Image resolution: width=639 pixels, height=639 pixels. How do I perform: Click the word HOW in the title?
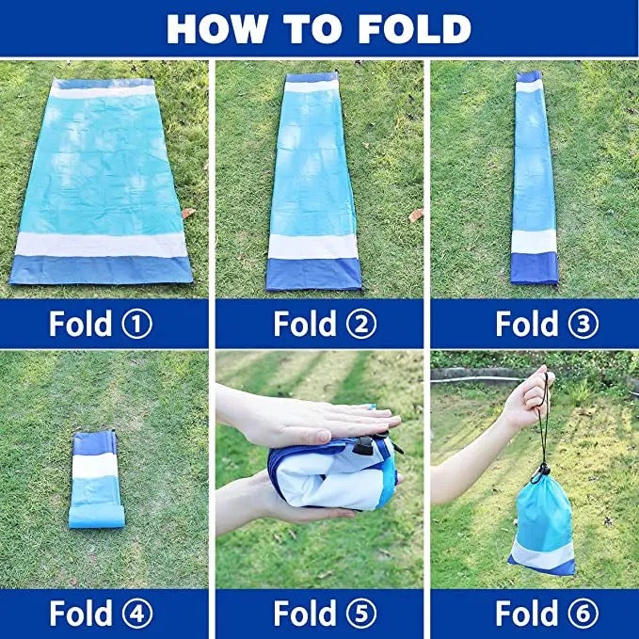(x=217, y=28)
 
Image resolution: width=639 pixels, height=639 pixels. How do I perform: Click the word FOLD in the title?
(x=414, y=28)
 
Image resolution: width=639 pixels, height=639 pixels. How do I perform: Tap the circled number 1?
(x=137, y=324)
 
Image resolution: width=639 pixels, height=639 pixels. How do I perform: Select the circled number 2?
(x=361, y=324)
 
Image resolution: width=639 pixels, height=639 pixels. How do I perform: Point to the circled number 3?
(x=583, y=324)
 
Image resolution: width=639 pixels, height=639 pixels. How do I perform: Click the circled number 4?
(x=137, y=613)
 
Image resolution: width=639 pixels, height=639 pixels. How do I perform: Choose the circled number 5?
(x=361, y=613)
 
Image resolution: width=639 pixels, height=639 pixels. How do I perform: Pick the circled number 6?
(x=583, y=613)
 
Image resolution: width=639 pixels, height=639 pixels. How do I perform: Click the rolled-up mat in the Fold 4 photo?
(x=96, y=480)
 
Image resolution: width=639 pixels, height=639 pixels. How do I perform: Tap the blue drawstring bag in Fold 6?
(x=542, y=523)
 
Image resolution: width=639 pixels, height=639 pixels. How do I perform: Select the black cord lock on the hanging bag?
(x=543, y=471)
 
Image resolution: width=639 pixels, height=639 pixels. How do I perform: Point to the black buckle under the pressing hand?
(x=363, y=446)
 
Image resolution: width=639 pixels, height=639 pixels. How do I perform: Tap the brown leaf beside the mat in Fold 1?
(x=188, y=213)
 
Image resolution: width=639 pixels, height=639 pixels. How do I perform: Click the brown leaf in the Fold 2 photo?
(x=416, y=215)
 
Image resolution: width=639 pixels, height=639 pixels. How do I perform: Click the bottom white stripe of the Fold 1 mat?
(x=101, y=245)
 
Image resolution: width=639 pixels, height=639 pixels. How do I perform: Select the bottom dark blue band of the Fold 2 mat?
(x=313, y=274)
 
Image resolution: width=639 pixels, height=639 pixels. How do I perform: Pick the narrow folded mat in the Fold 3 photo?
(x=534, y=177)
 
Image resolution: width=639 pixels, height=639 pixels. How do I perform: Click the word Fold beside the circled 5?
(x=305, y=613)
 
